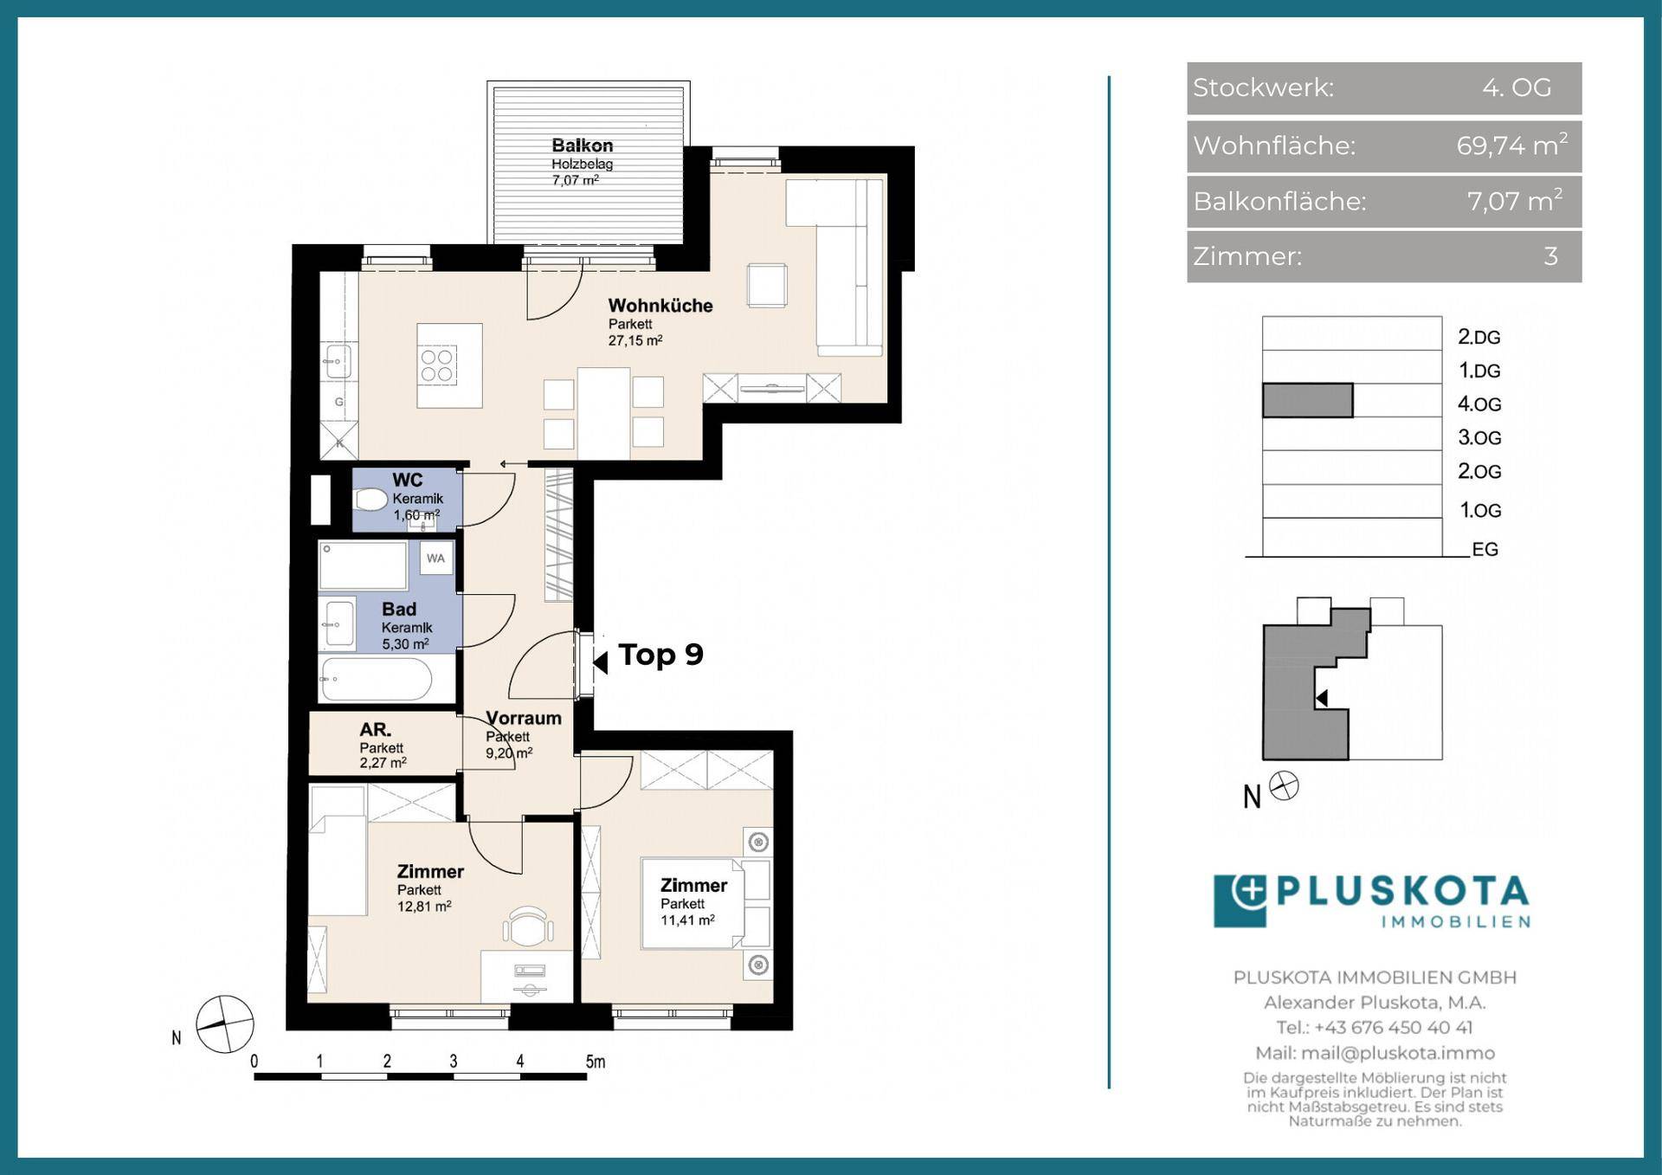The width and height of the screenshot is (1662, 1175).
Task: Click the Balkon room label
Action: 582,145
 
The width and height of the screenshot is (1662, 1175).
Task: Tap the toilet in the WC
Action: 370,500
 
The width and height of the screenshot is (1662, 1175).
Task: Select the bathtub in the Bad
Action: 376,680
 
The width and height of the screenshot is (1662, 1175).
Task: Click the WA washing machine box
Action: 435,558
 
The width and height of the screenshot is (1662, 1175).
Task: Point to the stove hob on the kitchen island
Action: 437,365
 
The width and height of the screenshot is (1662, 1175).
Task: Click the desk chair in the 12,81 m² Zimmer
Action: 528,927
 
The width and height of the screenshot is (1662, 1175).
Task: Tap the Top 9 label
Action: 660,655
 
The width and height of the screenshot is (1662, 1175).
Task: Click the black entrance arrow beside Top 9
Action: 600,662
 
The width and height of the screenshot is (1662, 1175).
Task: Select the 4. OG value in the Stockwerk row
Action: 1517,87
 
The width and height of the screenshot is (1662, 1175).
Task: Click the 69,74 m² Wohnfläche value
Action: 1511,145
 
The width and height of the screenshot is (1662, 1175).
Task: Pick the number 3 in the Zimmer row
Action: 1550,256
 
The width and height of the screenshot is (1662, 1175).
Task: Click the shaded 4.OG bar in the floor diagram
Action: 1307,401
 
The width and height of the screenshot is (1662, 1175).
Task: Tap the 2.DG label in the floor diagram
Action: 1478,337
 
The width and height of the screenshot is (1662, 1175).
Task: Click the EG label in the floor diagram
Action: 1485,549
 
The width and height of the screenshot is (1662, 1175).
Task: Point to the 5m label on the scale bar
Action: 596,1062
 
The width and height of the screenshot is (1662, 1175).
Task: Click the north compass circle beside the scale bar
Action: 225,1024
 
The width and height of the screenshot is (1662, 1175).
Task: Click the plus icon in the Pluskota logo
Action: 1248,891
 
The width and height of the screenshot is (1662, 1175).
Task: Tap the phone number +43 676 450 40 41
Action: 1393,1028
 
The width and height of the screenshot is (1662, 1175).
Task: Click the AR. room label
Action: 376,730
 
